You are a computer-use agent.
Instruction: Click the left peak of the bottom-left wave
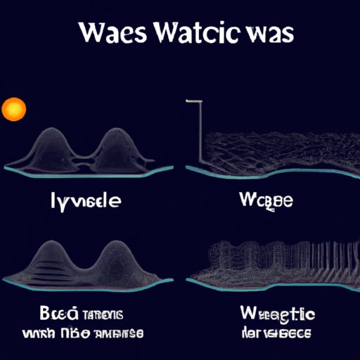(x=51, y=245)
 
